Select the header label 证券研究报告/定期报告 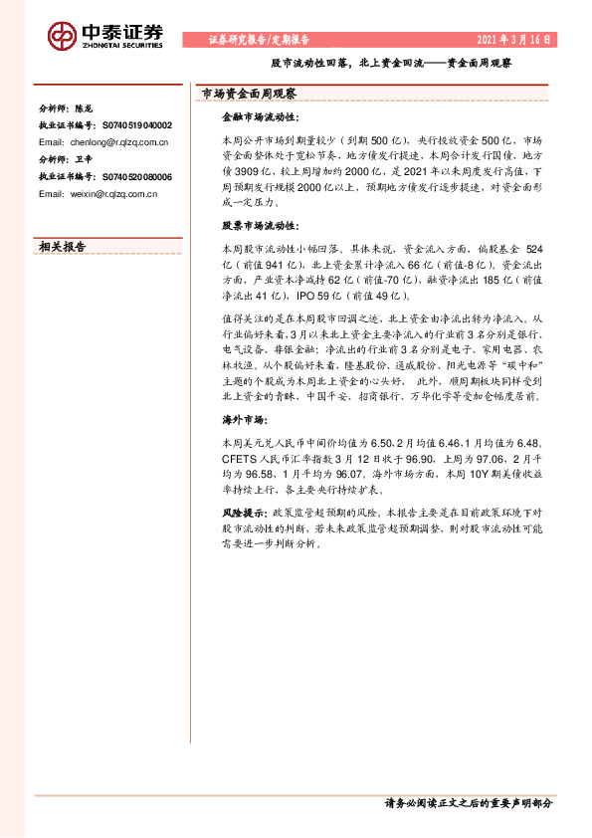259,41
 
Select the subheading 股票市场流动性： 258,226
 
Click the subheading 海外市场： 244,420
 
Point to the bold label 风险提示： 244,511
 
